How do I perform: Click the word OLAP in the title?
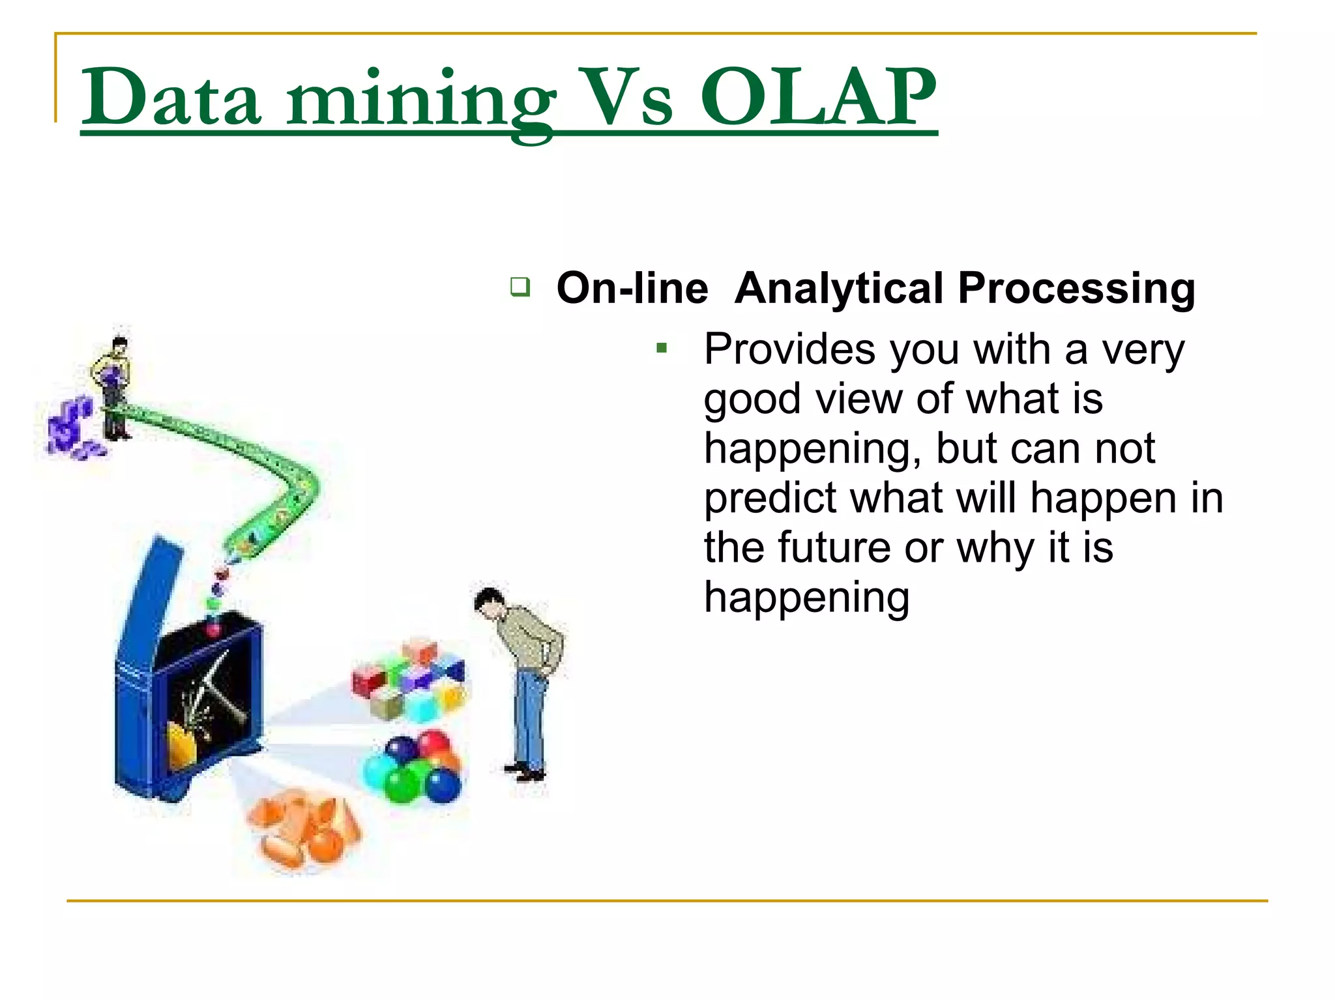(818, 98)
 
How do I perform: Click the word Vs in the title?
(626, 98)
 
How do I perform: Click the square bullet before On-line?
(520, 287)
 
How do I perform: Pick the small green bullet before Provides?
(662, 349)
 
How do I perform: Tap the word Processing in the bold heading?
(1076, 288)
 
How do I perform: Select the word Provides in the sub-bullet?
(789, 349)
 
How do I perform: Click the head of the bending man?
(488, 601)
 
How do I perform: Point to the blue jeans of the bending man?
(529, 717)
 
